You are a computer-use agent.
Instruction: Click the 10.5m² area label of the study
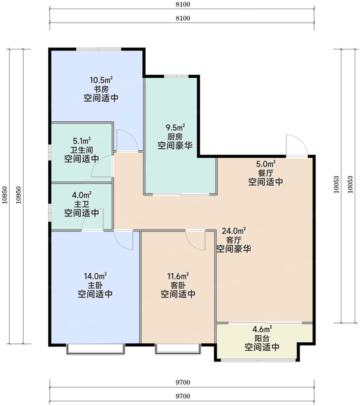click(x=102, y=79)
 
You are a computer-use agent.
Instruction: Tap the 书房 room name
click(x=101, y=89)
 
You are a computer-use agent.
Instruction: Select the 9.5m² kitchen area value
click(x=175, y=128)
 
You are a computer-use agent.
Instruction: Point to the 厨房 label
click(x=175, y=137)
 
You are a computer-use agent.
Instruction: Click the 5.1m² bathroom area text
click(x=82, y=141)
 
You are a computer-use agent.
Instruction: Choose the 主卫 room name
click(x=82, y=204)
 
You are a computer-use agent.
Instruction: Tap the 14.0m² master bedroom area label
click(x=95, y=276)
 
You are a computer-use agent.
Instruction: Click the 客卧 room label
click(x=178, y=285)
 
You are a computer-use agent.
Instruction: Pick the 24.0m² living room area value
click(x=234, y=230)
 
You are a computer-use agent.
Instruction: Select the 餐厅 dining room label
click(x=266, y=173)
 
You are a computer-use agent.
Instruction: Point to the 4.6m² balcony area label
click(x=262, y=329)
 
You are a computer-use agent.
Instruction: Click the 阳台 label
click(x=262, y=338)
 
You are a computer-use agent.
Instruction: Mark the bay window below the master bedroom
click(x=95, y=349)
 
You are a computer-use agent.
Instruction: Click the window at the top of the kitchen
click(x=177, y=76)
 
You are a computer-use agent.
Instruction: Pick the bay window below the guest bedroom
click(x=178, y=349)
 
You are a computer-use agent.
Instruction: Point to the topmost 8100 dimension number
click(x=183, y=5)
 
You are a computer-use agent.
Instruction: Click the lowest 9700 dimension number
click(x=183, y=396)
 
